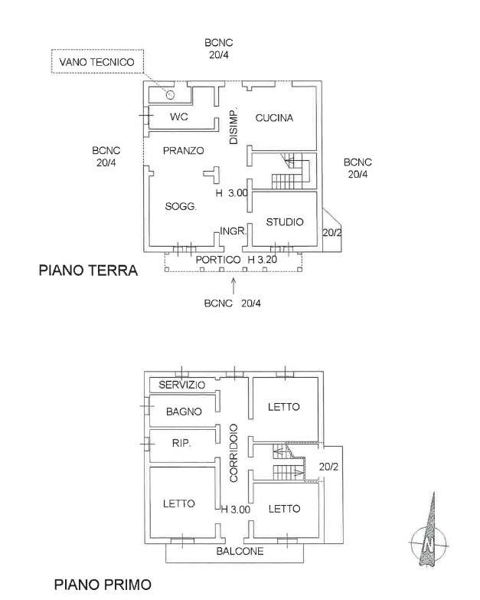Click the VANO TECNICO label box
(x=97, y=61)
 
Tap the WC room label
(x=179, y=116)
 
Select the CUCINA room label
(x=274, y=118)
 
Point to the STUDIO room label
(x=285, y=222)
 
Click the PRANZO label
(x=184, y=150)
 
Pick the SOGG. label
(x=181, y=207)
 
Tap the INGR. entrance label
(x=233, y=231)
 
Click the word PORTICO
(x=218, y=260)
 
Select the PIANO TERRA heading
(x=88, y=270)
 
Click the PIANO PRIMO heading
(x=103, y=585)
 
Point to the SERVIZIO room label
(x=182, y=385)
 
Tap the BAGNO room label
(x=184, y=411)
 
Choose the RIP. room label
(x=181, y=443)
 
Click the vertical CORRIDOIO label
(x=233, y=453)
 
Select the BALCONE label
(x=240, y=551)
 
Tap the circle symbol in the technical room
(x=170, y=94)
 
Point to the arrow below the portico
(x=233, y=286)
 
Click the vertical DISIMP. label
(x=233, y=126)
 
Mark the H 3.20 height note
(x=263, y=260)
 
